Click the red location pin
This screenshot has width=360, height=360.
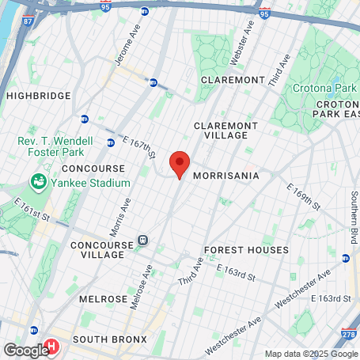180,165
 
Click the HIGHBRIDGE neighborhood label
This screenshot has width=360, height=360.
38,96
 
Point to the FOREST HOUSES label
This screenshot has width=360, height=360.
246,250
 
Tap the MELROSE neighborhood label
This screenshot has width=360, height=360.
104,299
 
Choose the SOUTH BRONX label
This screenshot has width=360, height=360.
109,339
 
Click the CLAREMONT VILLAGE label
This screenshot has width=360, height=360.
226,131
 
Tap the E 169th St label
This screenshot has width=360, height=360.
304,198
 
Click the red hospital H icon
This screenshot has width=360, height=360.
52,347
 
